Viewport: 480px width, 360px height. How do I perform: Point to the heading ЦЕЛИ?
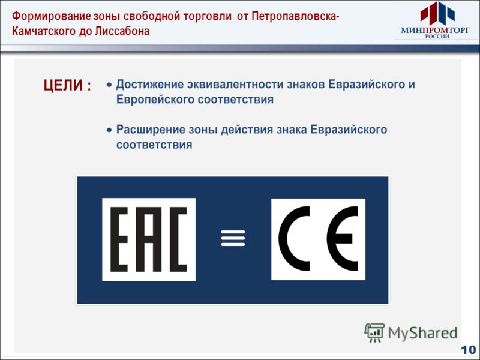pos(62,86)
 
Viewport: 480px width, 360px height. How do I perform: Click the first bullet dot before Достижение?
pos(109,85)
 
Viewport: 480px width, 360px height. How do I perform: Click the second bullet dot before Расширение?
pos(109,130)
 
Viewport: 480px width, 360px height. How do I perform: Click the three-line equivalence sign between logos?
pos(233,238)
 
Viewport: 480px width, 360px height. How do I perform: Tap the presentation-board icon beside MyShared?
pos(375,332)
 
